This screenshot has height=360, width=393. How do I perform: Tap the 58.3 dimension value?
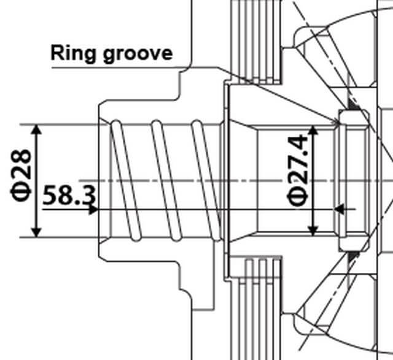pyautogui.click(x=69, y=196)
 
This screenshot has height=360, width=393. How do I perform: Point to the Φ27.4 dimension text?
pyautogui.click(x=297, y=172)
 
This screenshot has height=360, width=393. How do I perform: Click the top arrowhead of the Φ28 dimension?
pyautogui.click(x=37, y=129)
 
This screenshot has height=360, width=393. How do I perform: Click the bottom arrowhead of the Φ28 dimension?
pyautogui.click(x=37, y=231)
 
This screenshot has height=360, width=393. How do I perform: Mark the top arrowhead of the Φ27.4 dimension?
pyautogui.click(x=314, y=131)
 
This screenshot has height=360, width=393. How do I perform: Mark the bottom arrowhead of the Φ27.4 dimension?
pyautogui.click(x=314, y=230)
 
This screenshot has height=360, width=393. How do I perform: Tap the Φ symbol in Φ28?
pyautogui.click(x=23, y=191)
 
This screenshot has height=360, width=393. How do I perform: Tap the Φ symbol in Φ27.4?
pyautogui.click(x=297, y=197)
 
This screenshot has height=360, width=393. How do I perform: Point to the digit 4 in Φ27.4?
pyautogui.click(x=297, y=144)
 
